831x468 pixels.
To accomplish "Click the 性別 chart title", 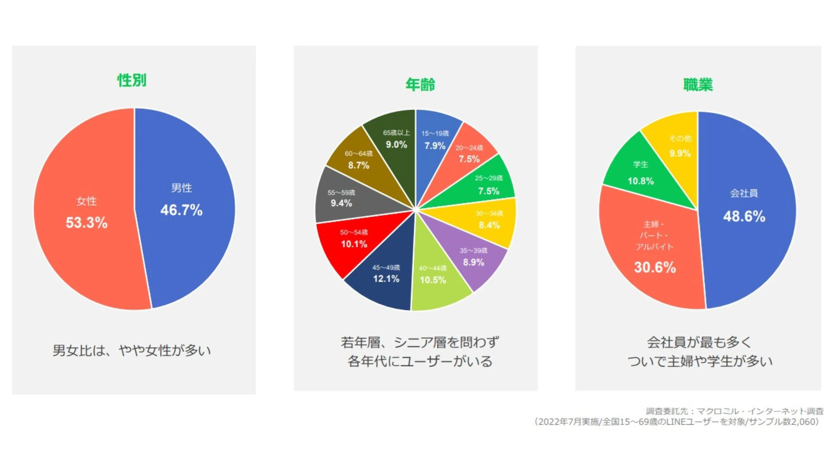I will (x=132, y=80).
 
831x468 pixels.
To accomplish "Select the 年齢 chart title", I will (x=420, y=84).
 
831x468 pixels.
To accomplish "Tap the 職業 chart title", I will (x=698, y=84).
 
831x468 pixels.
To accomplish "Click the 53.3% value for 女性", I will (x=87, y=223).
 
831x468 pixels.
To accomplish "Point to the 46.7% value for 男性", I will (x=181, y=210).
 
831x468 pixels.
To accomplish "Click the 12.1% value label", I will (x=386, y=279).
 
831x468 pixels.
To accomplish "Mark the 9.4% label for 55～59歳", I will (x=341, y=203).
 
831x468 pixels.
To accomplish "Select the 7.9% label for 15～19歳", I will (x=435, y=146).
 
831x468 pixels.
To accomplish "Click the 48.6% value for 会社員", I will (x=744, y=216).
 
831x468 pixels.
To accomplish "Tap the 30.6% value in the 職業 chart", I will (x=655, y=267).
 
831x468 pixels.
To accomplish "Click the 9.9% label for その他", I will (x=680, y=153).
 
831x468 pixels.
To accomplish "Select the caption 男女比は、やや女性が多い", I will (x=132, y=350).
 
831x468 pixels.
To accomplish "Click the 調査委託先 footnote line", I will (x=734, y=411).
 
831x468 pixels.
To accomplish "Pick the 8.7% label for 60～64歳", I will (x=359, y=165).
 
